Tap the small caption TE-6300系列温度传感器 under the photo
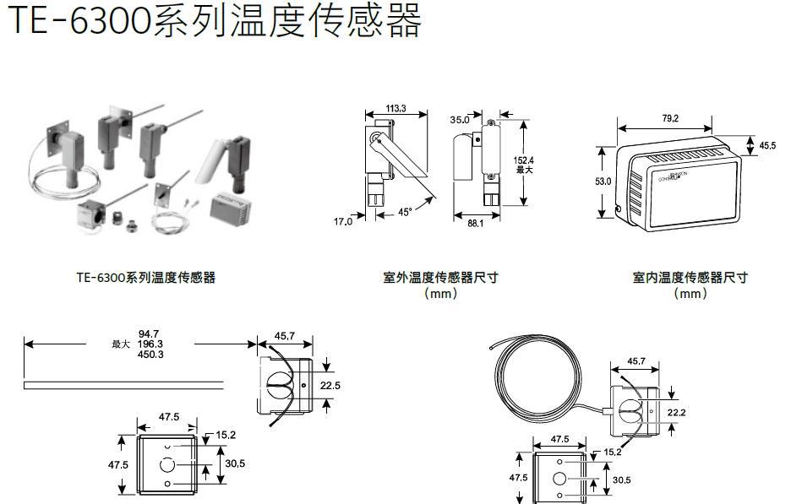[145, 277]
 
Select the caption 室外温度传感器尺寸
[440, 277]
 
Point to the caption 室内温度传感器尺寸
[690, 277]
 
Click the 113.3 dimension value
[395, 109]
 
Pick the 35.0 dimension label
[460, 120]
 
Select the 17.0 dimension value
[342, 222]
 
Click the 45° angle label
[405, 214]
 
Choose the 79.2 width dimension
[669, 119]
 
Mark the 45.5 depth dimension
[766, 146]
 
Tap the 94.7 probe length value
[150, 334]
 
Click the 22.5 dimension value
[330, 386]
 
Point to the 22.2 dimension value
[677, 412]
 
